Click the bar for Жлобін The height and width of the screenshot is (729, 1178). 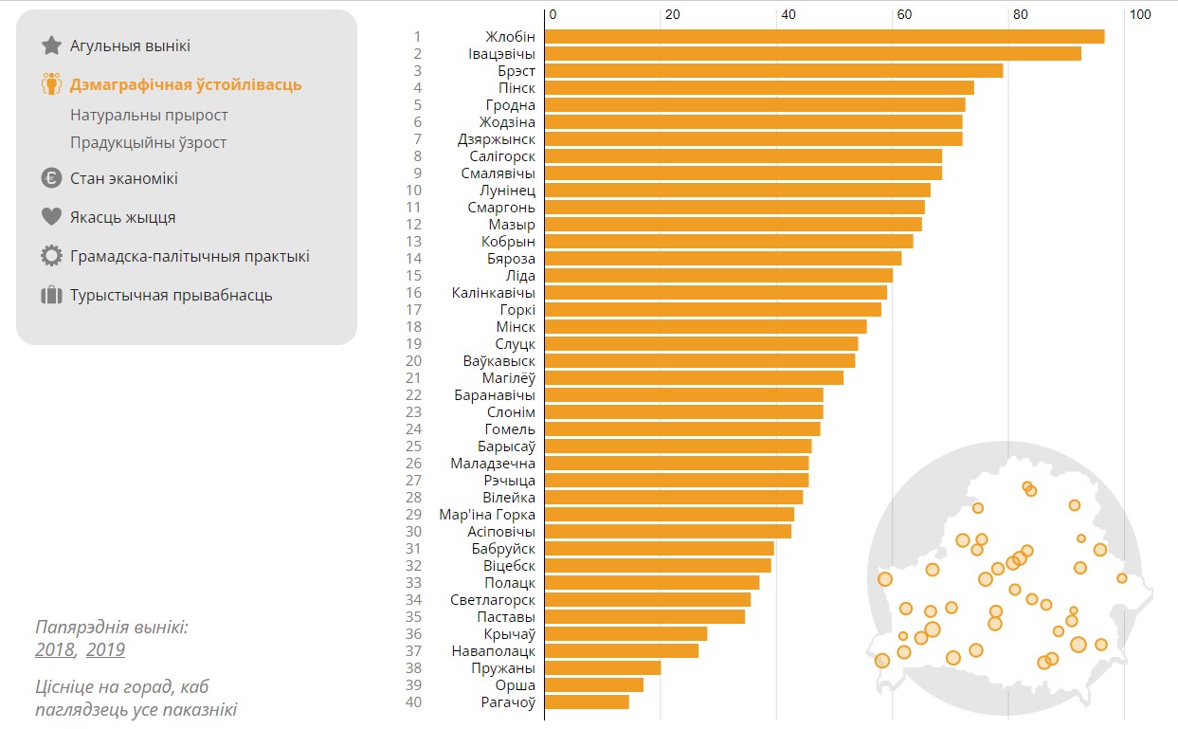(825, 37)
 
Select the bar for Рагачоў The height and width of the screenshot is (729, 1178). (587, 702)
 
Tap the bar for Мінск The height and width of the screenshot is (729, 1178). (705, 327)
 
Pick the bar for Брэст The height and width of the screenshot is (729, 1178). (773, 71)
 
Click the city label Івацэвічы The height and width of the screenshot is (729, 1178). (501, 54)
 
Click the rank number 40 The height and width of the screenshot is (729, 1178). (413, 702)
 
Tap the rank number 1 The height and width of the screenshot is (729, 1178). (417, 37)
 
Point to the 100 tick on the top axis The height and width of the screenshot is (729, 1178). (1140, 14)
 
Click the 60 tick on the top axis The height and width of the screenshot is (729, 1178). (904, 14)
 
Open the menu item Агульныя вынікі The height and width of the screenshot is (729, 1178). (130, 46)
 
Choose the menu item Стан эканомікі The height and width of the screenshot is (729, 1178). (123, 178)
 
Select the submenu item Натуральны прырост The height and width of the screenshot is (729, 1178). (149, 115)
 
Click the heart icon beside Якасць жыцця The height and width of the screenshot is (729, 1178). (51, 217)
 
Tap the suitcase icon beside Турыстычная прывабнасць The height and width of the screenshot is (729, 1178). (51, 295)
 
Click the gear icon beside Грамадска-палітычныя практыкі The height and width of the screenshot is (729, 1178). (51, 256)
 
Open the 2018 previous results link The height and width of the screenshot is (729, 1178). (54, 650)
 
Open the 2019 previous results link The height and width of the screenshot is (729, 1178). (105, 650)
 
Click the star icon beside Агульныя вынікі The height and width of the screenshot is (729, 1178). (51, 46)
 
